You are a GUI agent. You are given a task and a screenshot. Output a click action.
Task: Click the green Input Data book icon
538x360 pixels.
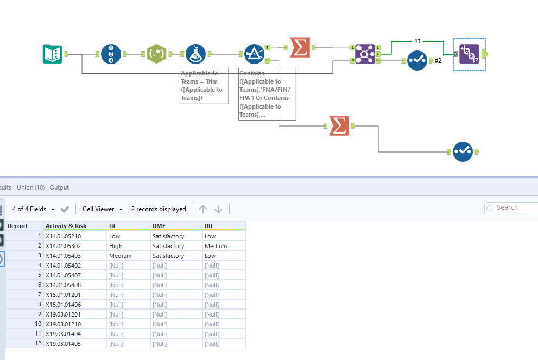point(53,54)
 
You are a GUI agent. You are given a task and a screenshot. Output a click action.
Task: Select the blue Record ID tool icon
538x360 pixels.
point(111,54)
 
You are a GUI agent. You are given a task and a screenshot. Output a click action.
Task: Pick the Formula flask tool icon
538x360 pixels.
point(195,54)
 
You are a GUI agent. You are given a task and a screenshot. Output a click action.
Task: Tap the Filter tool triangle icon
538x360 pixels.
point(254,54)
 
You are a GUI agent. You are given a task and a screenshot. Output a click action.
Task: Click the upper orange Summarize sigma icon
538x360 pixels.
point(300,47)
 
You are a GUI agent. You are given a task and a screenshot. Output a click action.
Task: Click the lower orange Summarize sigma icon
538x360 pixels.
point(339,126)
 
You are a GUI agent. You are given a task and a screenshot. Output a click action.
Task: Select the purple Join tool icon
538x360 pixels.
point(365,54)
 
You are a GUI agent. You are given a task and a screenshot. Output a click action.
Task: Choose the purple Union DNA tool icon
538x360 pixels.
point(469,54)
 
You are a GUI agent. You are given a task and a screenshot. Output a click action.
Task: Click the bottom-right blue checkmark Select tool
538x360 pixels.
point(463,151)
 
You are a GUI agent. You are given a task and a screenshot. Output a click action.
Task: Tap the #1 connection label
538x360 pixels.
point(417,41)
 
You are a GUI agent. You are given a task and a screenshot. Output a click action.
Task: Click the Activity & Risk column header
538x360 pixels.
point(66,226)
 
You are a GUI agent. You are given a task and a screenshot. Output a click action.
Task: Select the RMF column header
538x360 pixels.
point(159,226)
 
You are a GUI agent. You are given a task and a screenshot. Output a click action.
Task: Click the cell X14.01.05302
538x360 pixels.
point(64,246)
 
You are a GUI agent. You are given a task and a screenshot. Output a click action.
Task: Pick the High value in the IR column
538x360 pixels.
point(116,246)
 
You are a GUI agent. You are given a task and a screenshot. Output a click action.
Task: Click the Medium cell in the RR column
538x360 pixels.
point(216,246)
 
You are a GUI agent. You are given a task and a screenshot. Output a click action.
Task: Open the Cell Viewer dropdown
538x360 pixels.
point(102,209)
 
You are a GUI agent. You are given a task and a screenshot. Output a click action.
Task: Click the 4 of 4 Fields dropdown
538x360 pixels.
point(34,209)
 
